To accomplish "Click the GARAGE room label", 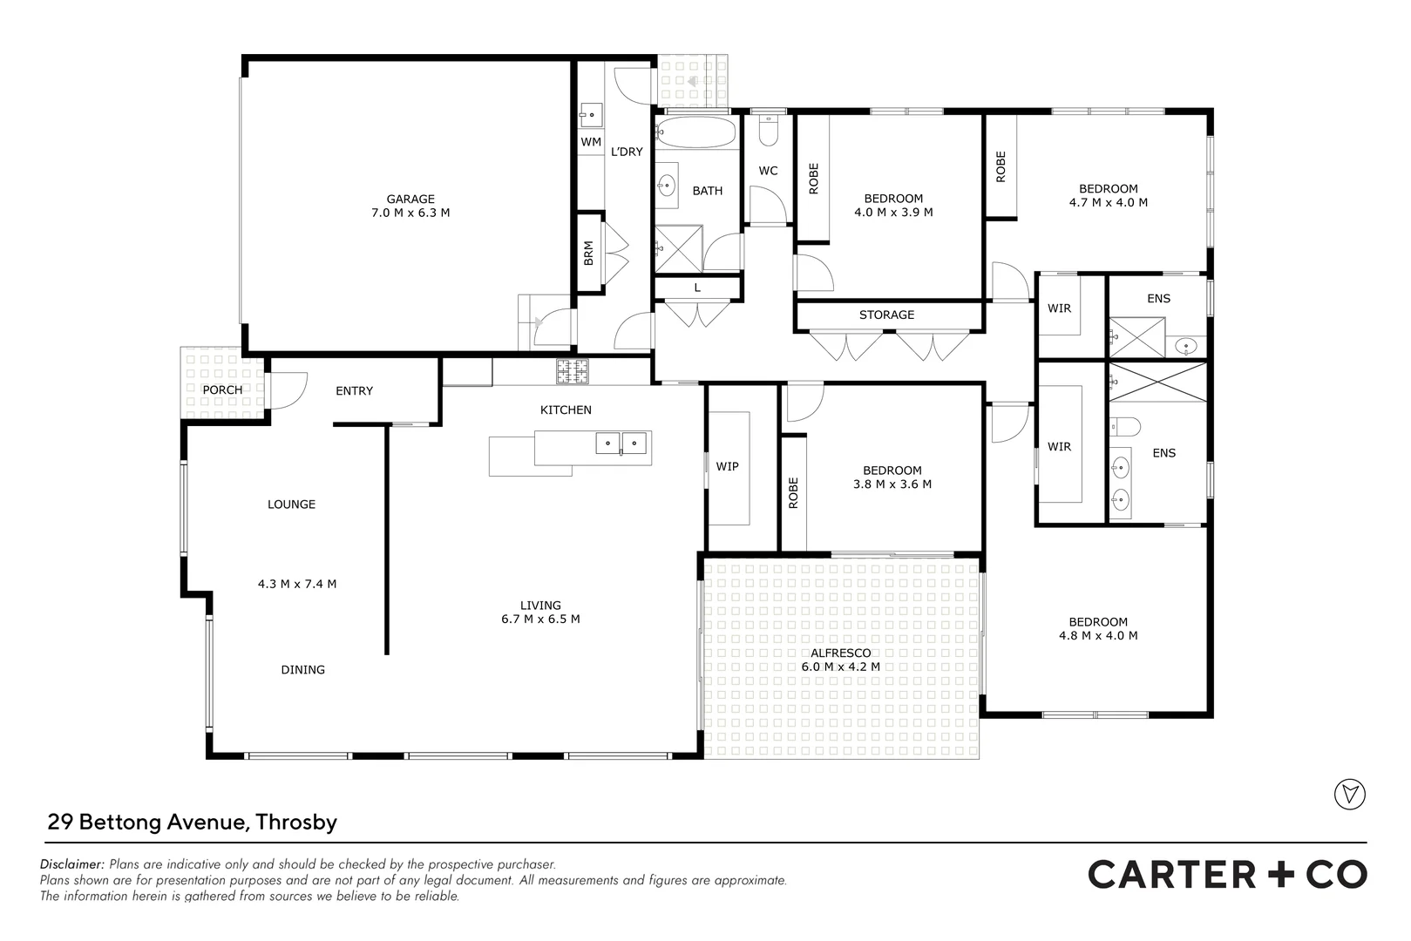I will (410, 200).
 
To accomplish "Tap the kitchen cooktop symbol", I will (573, 372).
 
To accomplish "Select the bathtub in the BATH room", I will (695, 133).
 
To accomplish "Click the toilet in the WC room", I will (768, 132).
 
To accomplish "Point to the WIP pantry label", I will (727, 466).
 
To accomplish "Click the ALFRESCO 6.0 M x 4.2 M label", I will (840, 660).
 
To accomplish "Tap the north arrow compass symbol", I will (1350, 794).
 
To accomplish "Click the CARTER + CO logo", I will (1227, 874).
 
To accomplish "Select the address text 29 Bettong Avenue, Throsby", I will (192, 822).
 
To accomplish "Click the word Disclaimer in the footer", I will (72, 864).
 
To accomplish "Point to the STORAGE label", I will (886, 315).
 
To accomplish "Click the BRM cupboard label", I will (588, 253).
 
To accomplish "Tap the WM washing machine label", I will (591, 141).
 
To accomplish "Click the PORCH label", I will (222, 389).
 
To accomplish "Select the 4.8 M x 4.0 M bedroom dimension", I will (1098, 636).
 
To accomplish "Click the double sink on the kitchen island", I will (621, 443).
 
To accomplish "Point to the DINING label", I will (302, 670).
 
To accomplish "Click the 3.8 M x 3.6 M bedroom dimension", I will (892, 484).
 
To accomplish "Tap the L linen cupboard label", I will (697, 288).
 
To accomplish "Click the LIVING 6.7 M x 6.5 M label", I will (540, 613).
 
